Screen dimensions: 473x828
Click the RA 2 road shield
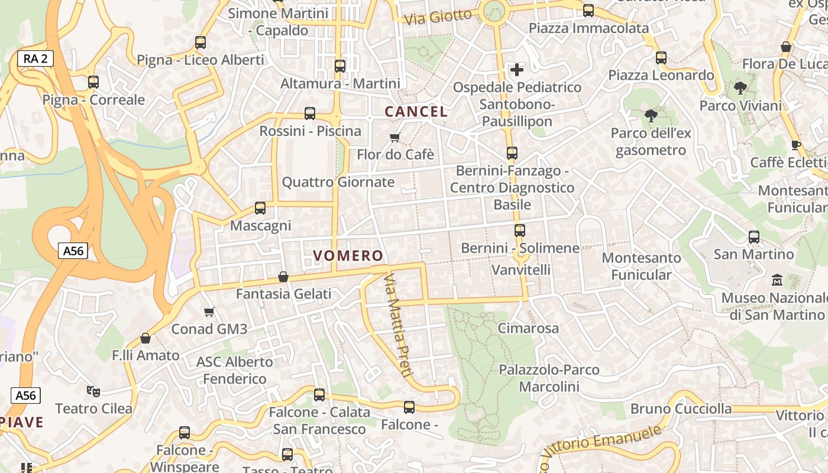coord(35,59)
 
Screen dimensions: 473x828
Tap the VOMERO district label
coord(348,255)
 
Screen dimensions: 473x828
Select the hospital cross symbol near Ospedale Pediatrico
coord(517,70)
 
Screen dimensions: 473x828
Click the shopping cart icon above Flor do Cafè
coord(395,138)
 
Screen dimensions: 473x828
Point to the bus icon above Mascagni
coord(260,208)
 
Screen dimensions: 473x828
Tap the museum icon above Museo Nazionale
coord(777,280)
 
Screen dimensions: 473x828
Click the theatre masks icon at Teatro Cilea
coord(93,391)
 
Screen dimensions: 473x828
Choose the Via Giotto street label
coord(438,17)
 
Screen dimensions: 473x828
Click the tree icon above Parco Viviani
coord(740,89)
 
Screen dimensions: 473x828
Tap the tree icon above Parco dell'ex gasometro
coord(651,115)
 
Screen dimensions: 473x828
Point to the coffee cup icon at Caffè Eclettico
coord(796,145)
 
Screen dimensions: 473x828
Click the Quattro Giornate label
coord(338,182)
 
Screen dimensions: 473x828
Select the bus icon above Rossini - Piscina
coord(310,114)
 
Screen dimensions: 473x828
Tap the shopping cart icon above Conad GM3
coord(209,312)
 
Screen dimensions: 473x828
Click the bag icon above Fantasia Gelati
coord(283,277)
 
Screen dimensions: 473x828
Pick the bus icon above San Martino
coord(754,237)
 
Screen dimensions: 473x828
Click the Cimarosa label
coord(528,328)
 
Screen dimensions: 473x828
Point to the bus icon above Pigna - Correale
coord(93,82)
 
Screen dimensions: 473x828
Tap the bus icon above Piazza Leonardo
coord(661,58)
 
